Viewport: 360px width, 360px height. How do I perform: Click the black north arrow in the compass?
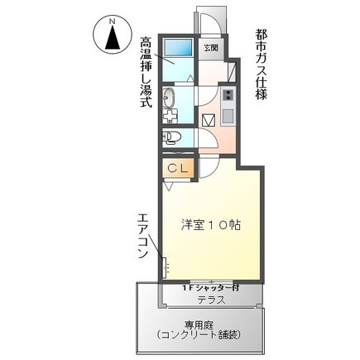(113, 38)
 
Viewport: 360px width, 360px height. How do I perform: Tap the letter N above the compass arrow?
(112, 22)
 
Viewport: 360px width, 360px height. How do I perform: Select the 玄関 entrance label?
(211, 48)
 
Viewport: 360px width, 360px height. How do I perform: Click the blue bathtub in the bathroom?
(178, 47)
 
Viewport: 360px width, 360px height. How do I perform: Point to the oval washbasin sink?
(169, 98)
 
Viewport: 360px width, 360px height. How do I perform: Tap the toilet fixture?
(171, 137)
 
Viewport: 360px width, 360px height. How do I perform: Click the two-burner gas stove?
(228, 95)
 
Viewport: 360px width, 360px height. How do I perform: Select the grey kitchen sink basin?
(228, 116)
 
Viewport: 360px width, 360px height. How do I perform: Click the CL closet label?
(178, 168)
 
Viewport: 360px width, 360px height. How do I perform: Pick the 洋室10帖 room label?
(211, 225)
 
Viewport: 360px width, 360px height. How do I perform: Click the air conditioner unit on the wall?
(164, 267)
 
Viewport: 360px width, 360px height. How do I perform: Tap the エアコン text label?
(143, 236)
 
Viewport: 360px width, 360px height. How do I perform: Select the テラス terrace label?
(211, 300)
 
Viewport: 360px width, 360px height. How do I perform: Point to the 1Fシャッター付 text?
(210, 288)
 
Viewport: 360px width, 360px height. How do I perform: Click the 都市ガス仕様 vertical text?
(261, 65)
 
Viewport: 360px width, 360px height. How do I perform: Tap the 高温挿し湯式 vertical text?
(146, 72)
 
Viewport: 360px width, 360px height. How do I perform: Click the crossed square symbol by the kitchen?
(209, 120)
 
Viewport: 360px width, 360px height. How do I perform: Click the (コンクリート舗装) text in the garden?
(198, 334)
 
